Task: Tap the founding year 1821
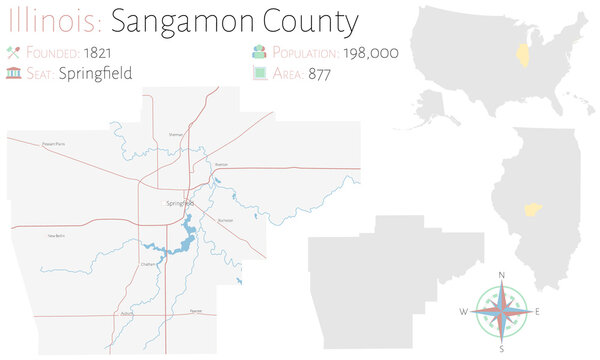(98, 51)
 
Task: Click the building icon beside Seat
(13, 73)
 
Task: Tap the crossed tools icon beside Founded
(13, 51)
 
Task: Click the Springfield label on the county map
(181, 203)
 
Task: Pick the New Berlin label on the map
(57, 236)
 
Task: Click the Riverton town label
(222, 163)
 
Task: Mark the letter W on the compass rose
(463, 312)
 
